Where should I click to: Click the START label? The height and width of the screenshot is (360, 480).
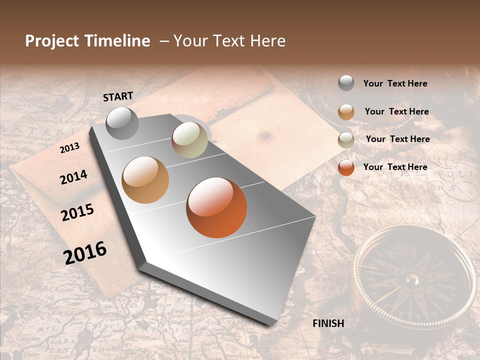[118, 96]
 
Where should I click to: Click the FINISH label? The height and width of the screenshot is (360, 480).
[328, 323]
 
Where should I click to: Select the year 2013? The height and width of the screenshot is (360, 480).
[69, 148]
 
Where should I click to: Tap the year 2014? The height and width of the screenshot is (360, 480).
[73, 177]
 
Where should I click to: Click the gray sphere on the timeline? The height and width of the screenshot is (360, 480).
[122, 123]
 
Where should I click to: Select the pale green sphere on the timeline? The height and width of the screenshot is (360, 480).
[189, 140]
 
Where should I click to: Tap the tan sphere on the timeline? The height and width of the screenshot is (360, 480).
[145, 180]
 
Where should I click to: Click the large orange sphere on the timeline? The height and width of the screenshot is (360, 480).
[216, 207]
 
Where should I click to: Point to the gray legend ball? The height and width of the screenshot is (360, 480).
[346, 83]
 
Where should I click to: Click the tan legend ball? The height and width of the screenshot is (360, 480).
[346, 112]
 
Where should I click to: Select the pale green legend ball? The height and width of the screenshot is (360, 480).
[346, 139]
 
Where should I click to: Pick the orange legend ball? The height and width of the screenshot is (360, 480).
[346, 167]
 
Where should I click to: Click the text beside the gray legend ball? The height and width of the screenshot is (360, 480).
[395, 84]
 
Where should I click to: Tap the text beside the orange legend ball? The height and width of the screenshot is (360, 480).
[395, 167]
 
